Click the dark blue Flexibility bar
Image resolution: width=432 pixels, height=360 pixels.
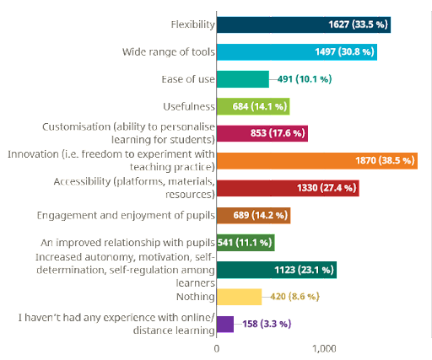click(x=304, y=24)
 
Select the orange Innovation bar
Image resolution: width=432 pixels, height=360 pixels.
click(x=317, y=161)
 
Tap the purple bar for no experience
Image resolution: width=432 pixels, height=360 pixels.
click(x=225, y=325)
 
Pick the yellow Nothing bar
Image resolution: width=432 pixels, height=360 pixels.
click(x=239, y=297)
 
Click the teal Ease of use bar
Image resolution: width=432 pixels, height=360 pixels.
click(x=243, y=79)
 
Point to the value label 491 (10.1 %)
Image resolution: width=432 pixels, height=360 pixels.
click(x=305, y=79)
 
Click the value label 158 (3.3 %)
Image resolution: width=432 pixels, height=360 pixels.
click(x=267, y=324)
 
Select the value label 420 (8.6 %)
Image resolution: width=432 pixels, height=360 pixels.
click(x=294, y=297)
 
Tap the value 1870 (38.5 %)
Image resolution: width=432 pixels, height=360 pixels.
click(x=385, y=160)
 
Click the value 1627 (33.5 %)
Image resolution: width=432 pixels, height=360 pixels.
click(x=358, y=24)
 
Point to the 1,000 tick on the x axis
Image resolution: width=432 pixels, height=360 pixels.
click(x=324, y=349)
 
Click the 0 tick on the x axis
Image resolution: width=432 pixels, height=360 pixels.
click(x=217, y=349)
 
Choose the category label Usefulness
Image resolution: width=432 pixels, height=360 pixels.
click(x=189, y=107)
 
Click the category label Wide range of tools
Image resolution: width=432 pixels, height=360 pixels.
click(x=169, y=52)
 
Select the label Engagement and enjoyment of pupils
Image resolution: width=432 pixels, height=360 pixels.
click(x=126, y=216)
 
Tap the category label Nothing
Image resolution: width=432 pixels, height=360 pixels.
click(x=196, y=297)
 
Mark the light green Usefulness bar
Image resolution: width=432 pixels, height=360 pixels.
click(x=253, y=106)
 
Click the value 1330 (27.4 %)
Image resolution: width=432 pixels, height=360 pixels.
click(x=327, y=188)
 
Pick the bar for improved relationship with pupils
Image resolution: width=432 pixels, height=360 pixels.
click(x=246, y=243)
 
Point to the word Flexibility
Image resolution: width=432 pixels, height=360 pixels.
click(x=193, y=24)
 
